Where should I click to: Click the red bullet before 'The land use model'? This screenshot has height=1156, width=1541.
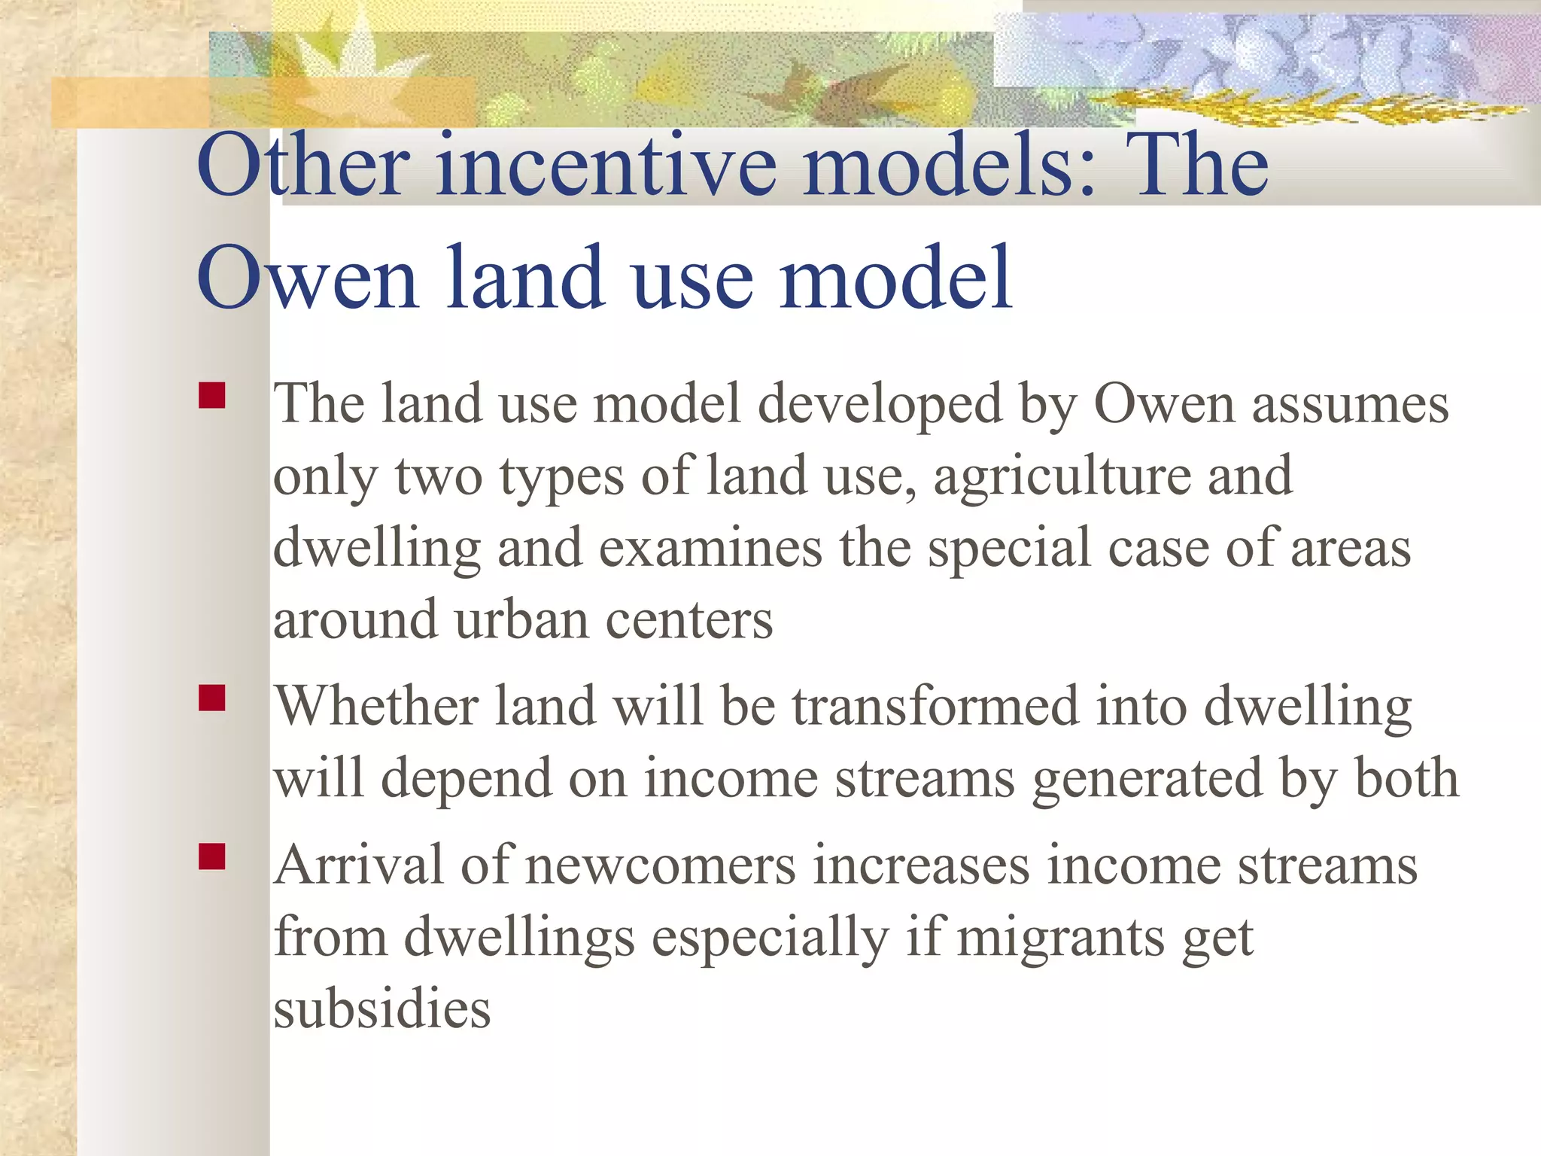pyautogui.click(x=212, y=396)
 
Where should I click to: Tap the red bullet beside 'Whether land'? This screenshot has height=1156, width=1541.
pyautogui.click(x=212, y=698)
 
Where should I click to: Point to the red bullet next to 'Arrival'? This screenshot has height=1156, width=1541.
pyautogui.click(x=212, y=856)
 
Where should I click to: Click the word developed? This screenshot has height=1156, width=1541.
pyautogui.click(x=880, y=405)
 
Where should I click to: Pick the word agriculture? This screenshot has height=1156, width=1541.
pyautogui.click(x=1062, y=477)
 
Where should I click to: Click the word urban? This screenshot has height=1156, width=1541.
pyautogui.click(x=521, y=620)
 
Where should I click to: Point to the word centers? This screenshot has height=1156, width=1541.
pyautogui.click(x=689, y=620)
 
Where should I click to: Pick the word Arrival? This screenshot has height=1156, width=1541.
pyautogui.click(x=358, y=865)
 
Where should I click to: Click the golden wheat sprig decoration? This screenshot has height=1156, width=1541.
pyautogui.click(x=1309, y=110)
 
